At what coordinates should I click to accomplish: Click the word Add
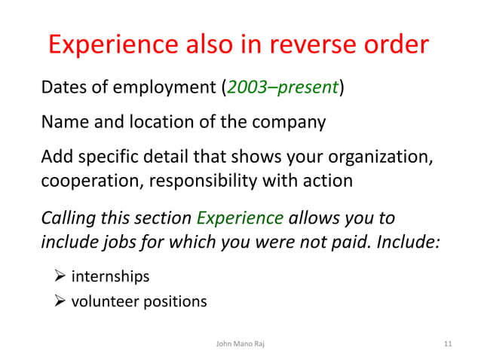click(56, 157)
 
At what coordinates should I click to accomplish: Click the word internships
click(109, 277)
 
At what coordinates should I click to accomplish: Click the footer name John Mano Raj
click(240, 344)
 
